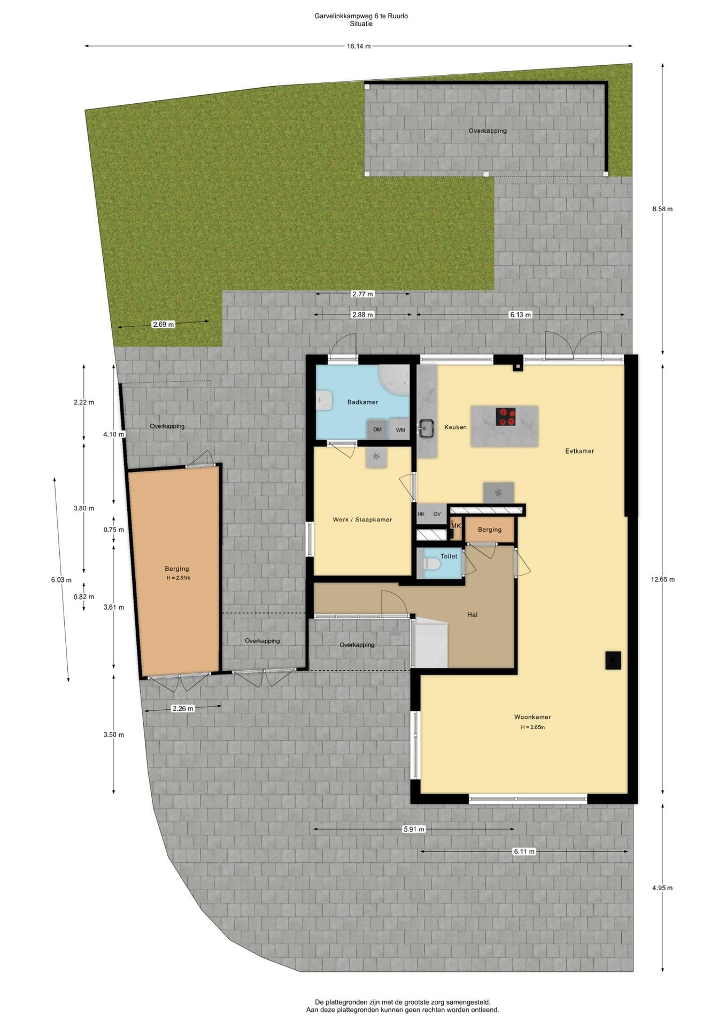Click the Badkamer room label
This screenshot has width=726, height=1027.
tap(362, 402)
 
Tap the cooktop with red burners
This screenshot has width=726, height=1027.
tap(506, 417)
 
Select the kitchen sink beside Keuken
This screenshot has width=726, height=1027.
tap(426, 427)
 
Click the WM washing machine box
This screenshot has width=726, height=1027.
tap(400, 430)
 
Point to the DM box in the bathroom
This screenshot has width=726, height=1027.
tap(377, 430)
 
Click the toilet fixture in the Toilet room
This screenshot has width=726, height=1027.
tap(431, 564)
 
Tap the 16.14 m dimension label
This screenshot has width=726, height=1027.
tap(359, 46)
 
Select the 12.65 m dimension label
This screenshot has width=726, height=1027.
tap(663, 579)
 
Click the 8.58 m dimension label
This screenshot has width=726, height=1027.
tap(662, 209)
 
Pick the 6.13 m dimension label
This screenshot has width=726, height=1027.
tap(520, 315)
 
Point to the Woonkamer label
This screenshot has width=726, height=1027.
tap(532, 717)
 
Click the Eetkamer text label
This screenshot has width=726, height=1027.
tap(580, 451)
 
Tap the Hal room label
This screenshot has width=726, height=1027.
tap(472, 615)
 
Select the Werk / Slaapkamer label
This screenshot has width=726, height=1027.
tap(362, 519)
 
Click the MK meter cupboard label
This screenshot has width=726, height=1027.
tap(456, 526)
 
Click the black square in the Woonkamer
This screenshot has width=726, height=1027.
tap(613, 660)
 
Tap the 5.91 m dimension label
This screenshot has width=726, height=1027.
tap(414, 829)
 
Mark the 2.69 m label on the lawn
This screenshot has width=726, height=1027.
tap(163, 324)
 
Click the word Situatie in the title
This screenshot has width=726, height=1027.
tap(361, 24)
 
